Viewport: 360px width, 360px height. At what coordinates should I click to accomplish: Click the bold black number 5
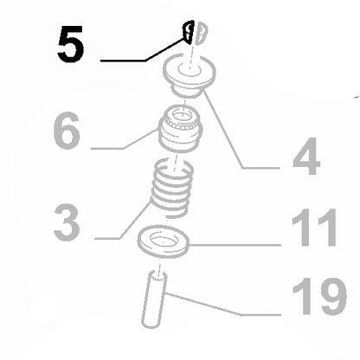pos(71,44)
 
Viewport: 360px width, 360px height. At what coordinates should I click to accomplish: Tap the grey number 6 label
pos(67,131)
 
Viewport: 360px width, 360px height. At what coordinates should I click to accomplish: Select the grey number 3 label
pos(67,222)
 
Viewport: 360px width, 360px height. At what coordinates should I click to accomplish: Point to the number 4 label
pos(306,157)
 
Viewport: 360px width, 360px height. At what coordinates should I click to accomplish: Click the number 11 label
pos(314,228)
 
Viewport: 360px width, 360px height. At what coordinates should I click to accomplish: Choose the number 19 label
pos(319,296)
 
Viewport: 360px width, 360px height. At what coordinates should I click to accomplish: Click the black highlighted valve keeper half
pos(188,32)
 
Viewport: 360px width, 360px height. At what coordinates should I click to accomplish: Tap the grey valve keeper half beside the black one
pos(201,34)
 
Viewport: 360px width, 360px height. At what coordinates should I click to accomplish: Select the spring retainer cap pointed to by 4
pos(190,75)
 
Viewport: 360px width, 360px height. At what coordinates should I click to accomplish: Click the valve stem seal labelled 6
pos(179,128)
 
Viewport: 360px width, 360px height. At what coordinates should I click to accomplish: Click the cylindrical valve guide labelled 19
pos(154,299)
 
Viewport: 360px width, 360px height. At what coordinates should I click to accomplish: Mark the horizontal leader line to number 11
pos(235,245)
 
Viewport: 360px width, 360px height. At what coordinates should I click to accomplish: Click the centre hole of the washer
pos(164,240)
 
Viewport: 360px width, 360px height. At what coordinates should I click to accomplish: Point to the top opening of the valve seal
pos(183,116)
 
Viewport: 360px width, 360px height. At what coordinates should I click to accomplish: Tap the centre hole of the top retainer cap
pos(190,70)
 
